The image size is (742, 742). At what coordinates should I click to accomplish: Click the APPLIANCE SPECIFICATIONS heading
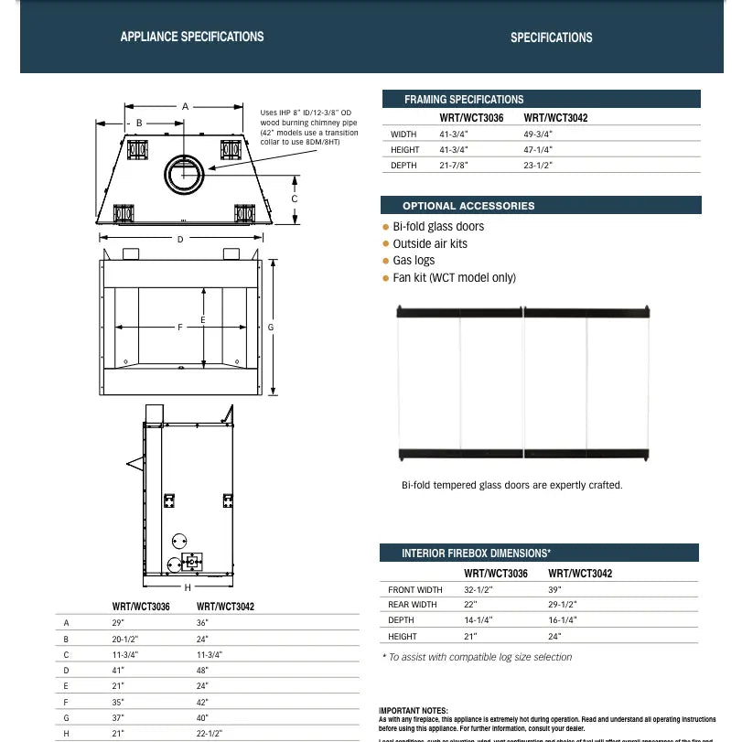(x=192, y=37)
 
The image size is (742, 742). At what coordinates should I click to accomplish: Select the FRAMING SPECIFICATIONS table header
(x=464, y=99)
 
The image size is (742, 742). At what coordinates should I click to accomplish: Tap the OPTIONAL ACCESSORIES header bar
(x=468, y=206)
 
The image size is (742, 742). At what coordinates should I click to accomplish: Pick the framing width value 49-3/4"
(x=538, y=134)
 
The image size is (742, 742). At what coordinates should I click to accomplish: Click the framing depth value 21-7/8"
(x=454, y=166)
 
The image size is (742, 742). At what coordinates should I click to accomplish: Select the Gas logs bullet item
(x=414, y=261)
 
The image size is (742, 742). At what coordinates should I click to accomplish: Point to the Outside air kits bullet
(x=429, y=243)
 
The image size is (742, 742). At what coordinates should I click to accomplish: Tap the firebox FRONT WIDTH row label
(x=415, y=590)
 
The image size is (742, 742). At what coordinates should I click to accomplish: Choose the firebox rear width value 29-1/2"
(x=564, y=605)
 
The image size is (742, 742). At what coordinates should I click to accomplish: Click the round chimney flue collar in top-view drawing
(x=187, y=174)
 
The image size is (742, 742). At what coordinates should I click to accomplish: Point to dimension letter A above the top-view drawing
(x=185, y=107)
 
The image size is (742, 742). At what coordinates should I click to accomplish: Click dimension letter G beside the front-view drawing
(x=272, y=328)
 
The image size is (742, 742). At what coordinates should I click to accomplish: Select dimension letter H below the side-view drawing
(x=188, y=587)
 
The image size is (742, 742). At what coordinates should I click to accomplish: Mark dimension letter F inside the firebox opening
(x=180, y=327)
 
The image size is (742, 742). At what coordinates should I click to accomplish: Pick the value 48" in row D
(x=203, y=670)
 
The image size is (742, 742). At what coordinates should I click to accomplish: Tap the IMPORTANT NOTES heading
(x=414, y=710)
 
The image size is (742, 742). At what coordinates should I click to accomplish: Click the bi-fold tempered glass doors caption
(x=511, y=485)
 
